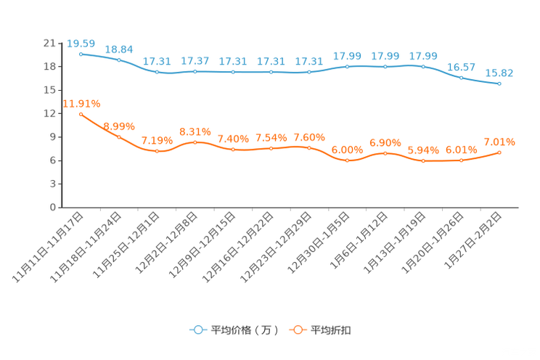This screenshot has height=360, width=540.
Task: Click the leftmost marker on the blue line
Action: (x=81, y=54)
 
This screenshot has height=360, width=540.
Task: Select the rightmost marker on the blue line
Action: (x=499, y=83)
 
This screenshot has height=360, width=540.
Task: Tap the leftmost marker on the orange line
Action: (x=81, y=114)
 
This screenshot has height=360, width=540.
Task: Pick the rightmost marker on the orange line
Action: (x=499, y=152)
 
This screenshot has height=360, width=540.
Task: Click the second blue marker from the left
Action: (x=119, y=60)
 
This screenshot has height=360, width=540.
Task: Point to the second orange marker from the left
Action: (x=119, y=136)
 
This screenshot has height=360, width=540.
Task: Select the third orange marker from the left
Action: (x=157, y=151)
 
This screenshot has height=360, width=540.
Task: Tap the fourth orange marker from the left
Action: (x=195, y=142)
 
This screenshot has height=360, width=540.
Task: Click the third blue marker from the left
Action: (x=157, y=72)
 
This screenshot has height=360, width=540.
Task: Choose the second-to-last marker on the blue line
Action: (x=462, y=77)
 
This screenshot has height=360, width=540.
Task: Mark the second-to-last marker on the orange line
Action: (x=462, y=160)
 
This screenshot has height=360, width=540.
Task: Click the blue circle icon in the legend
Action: (x=197, y=330)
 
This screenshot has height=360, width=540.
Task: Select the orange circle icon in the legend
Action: (x=297, y=330)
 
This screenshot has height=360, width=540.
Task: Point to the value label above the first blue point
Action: (x=81, y=44)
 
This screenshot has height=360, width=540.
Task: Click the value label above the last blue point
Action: (x=499, y=73)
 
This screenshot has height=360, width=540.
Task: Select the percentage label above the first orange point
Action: (x=81, y=104)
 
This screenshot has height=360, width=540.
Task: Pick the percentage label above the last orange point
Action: (x=499, y=142)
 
